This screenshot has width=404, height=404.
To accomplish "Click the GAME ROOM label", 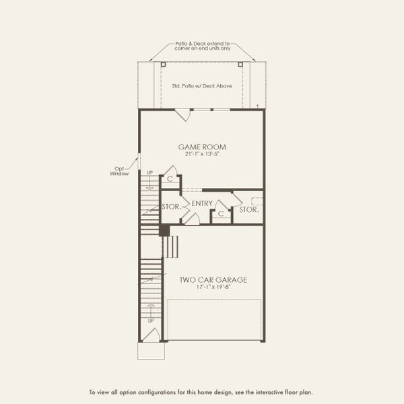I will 201,147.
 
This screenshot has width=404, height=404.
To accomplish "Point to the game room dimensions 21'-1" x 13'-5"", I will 201,154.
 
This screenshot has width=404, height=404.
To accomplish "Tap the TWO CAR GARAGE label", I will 213,279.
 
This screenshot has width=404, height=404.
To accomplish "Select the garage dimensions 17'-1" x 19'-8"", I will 213,288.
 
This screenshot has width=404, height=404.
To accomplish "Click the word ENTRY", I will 202,203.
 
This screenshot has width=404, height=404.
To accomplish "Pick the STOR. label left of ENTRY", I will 171,207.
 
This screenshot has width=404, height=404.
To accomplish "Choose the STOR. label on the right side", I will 249,209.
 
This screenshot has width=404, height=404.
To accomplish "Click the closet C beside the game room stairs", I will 170,180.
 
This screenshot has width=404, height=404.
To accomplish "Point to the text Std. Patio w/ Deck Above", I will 201,87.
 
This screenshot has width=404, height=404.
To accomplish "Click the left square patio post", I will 163,64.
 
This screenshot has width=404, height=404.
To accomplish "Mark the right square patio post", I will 240,64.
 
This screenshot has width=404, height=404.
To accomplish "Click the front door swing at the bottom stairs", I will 151,335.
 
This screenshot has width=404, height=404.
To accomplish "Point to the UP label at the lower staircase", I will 150,321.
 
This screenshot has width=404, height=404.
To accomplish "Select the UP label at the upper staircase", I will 149,173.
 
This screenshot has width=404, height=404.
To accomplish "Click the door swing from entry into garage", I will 191,218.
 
